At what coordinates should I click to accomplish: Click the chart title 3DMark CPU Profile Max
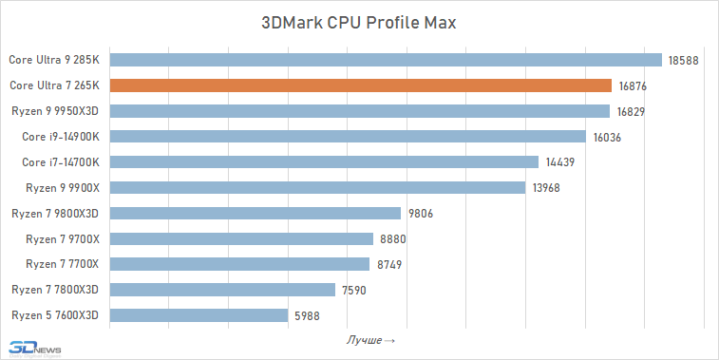pos(359,23)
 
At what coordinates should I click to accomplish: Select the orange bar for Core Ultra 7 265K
pos(361,85)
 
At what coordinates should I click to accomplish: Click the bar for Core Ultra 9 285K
pos(386,60)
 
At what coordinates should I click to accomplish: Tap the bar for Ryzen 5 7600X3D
pos(199,315)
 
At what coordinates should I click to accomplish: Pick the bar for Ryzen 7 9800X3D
pos(255,213)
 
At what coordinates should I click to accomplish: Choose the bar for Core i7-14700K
pos(324,162)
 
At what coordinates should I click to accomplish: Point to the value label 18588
pos(683,60)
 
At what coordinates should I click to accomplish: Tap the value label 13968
pos(546,188)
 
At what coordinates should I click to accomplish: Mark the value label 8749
pos(390,264)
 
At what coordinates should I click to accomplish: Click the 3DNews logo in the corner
pos(34,347)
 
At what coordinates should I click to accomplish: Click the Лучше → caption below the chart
pos(370,339)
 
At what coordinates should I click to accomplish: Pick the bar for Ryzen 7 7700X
pos(239,264)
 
